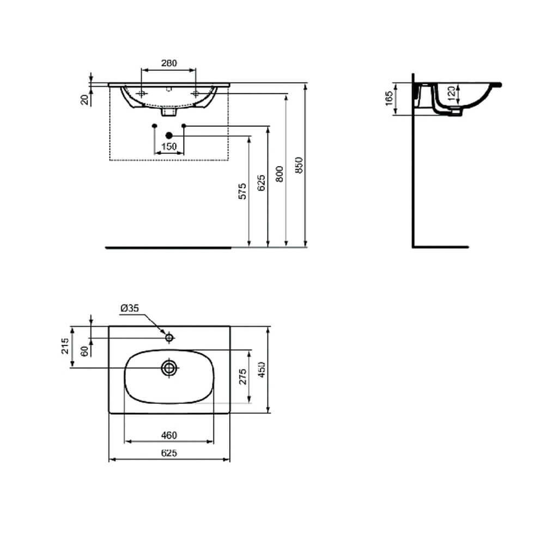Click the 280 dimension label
pyautogui.click(x=169, y=63)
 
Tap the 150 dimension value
pyautogui.click(x=169, y=146)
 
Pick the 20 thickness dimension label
pyautogui.click(x=84, y=99)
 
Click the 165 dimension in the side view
pyautogui.click(x=389, y=99)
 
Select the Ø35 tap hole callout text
pyautogui.click(x=130, y=308)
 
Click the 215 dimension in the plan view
pyautogui.click(x=64, y=346)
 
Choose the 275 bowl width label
pyautogui.click(x=243, y=377)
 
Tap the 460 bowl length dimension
pyautogui.click(x=169, y=435)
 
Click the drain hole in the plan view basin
pyautogui.click(x=169, y=368)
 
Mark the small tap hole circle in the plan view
pyautogui.click(x=169, y=338)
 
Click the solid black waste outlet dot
pyautogui.click(x=169, y=135)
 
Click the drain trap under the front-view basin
pyautogui.click(x=169, y=112)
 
